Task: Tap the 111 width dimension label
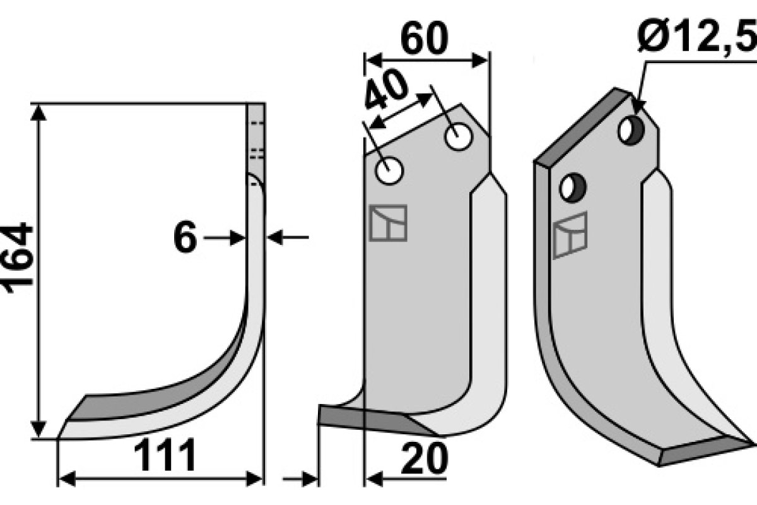point(165,455)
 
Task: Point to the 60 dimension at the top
point(425,39)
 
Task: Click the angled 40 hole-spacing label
point(386,90)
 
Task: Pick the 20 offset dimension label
point(424,459)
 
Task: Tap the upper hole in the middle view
point(459,137)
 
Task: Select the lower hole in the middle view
point(389,170)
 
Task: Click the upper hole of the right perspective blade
point(631,131)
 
